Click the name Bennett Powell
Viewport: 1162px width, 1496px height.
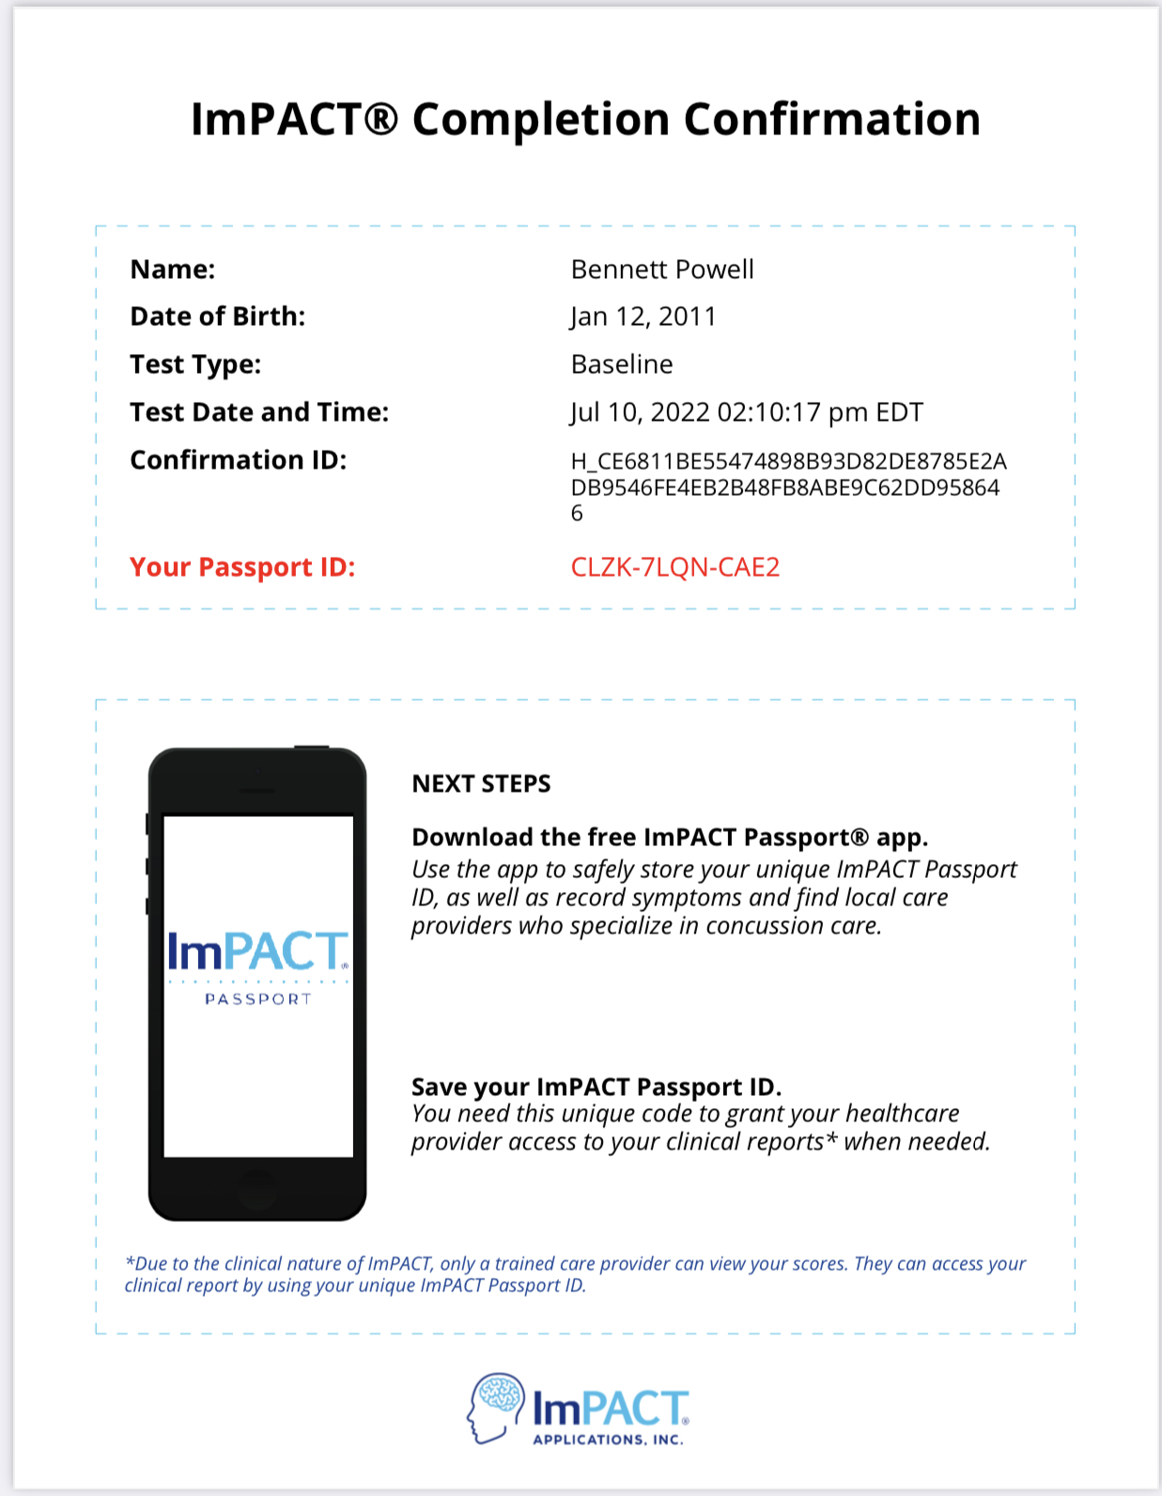click(662, 270)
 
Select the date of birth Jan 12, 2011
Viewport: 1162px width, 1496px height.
click(643, 317)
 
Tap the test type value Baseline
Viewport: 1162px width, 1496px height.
click(622, 364)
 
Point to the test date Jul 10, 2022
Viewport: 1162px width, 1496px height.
click(640, 412)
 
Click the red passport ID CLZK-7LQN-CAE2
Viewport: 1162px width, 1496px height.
click(675, 567)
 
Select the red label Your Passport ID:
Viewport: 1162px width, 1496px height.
click(242, 567)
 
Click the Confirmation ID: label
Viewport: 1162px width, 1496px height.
click(238, 460)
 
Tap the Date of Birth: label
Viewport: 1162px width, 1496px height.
click(217, 316)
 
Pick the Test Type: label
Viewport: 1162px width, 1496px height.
click(195, 364)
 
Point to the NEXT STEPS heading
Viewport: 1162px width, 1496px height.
click(481, 784)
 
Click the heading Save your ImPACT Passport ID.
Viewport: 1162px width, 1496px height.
click(596, 1087)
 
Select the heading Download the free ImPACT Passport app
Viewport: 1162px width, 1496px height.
click(669, 837)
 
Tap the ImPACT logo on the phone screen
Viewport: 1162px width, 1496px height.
click(257, 952)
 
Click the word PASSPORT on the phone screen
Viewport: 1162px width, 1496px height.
click(257, 999)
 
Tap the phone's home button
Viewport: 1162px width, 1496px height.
click(256, 1189)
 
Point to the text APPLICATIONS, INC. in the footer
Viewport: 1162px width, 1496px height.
click(608, 1440)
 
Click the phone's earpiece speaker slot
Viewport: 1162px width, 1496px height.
click(257, 791)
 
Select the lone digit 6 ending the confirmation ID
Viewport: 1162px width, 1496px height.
click(577, 514)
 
